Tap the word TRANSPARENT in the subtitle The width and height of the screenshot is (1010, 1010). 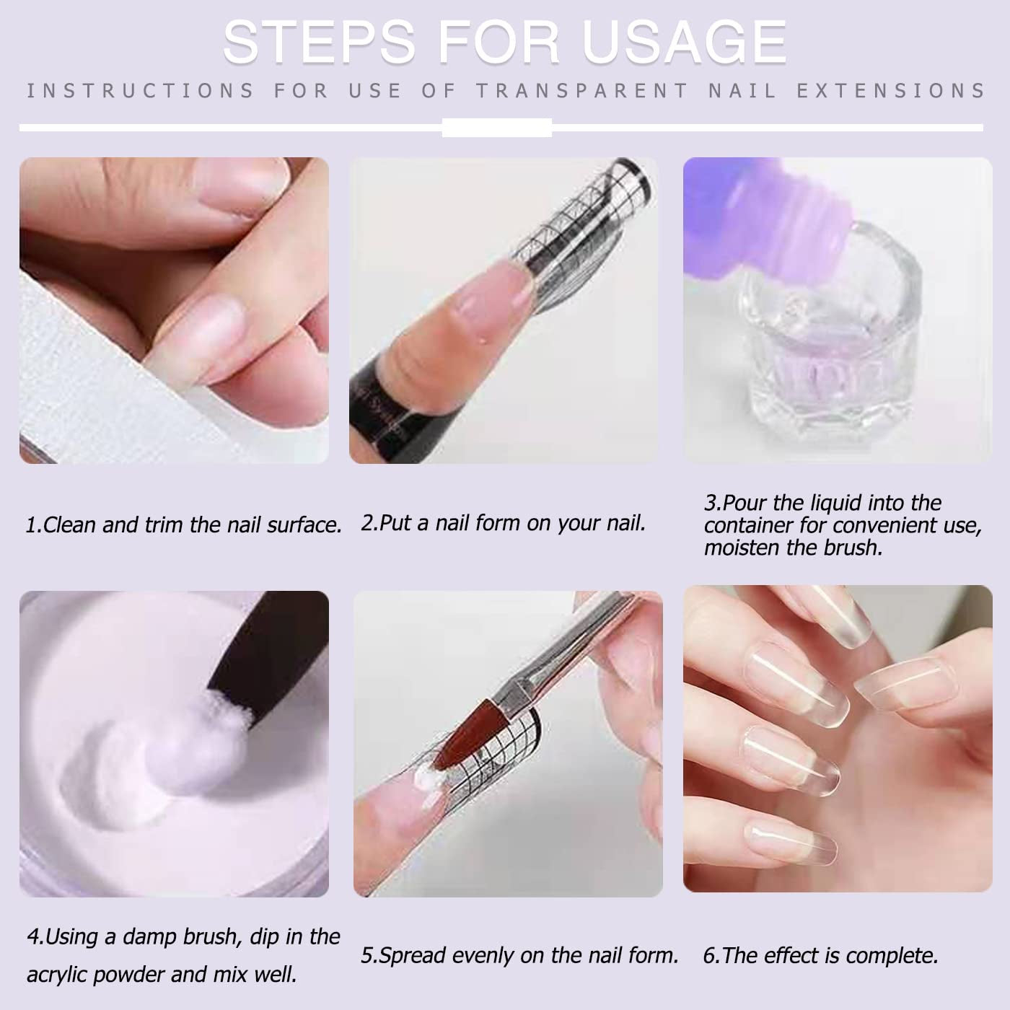pyautogui.click(x=581, y=91)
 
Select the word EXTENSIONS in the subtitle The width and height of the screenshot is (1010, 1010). pyautogui.click(x=890, y=91)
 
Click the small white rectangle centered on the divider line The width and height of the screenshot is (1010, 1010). pyautogui.click(x=496, y=128)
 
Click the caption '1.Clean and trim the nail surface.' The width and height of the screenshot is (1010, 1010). pyautogui.click(x=183, y=524)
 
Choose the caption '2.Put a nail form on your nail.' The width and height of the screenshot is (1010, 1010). pyautogui.click(x=503, y=522)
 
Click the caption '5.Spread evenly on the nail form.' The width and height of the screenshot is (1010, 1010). pyautogui.click(x=519, y=955)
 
